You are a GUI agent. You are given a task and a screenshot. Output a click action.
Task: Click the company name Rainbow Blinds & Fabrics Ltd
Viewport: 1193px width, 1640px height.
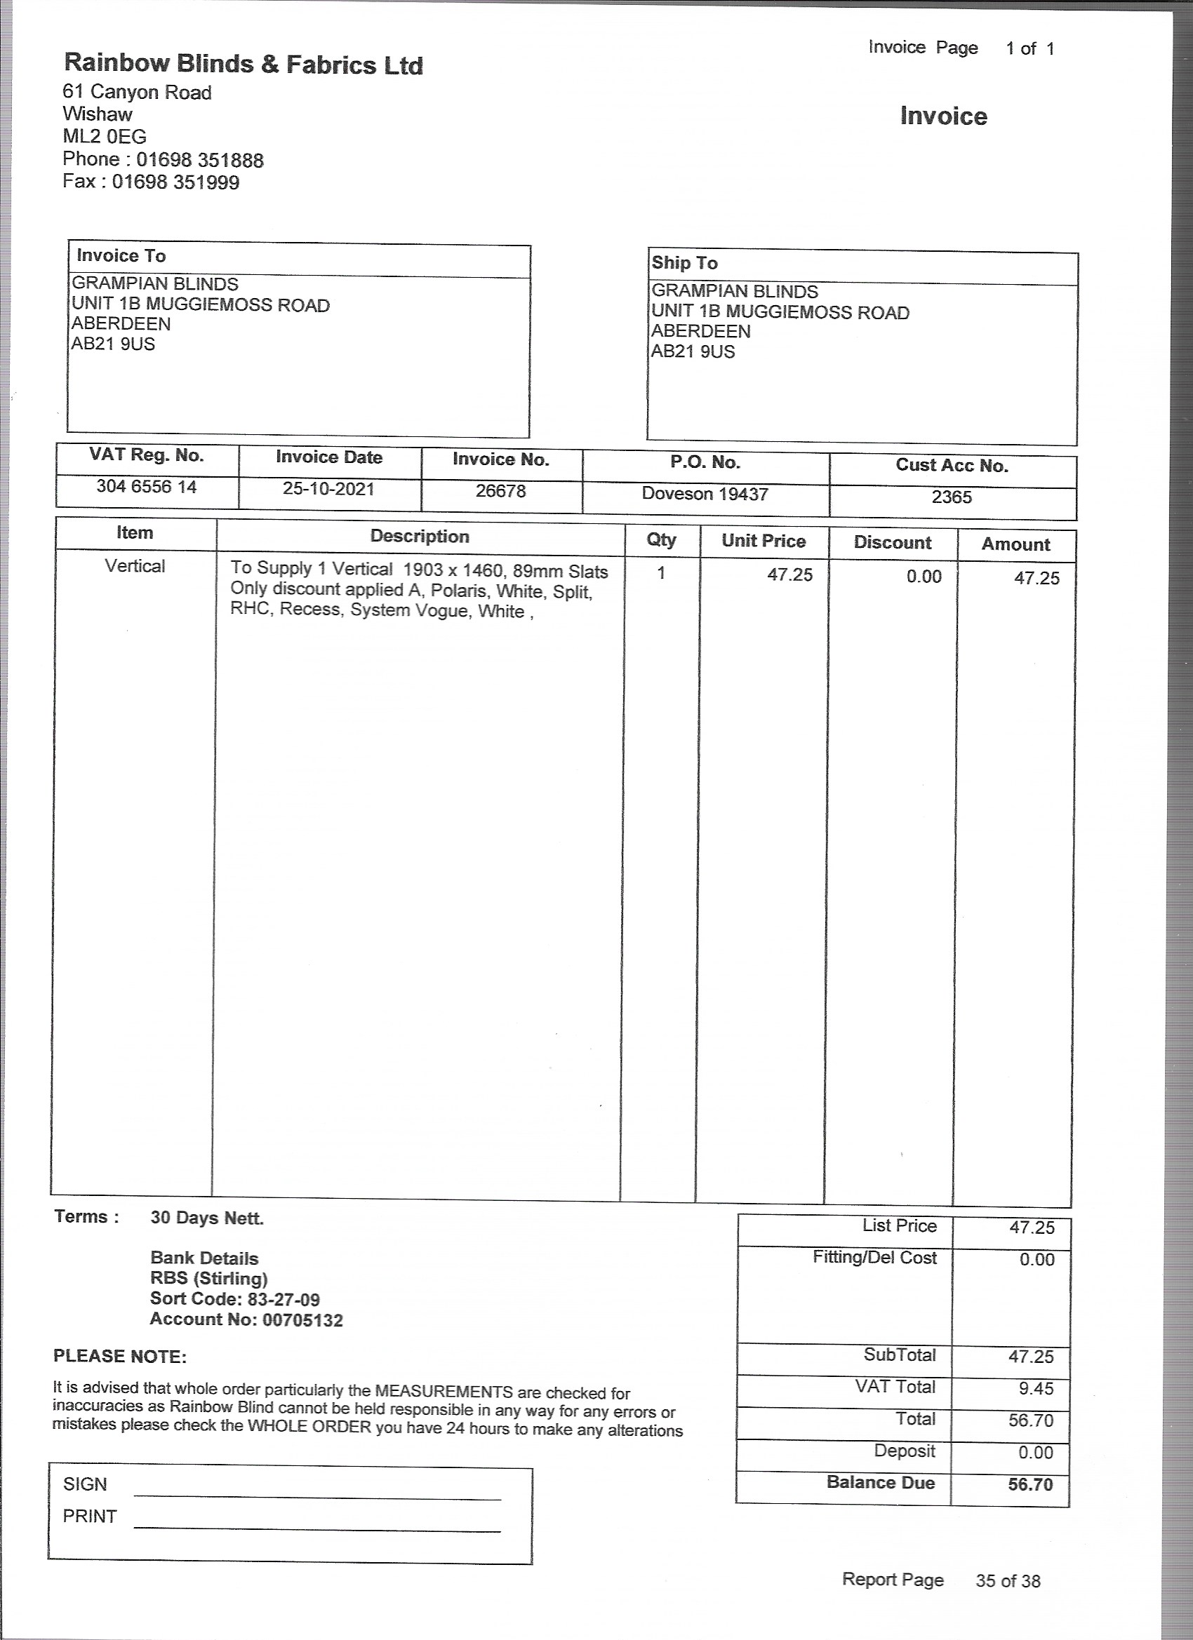click(x=243, y=65)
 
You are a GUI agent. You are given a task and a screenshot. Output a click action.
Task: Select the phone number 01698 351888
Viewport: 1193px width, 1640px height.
click(x=200, y=160)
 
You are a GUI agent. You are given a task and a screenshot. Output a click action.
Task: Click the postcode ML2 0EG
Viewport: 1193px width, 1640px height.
click(x=104, y=137)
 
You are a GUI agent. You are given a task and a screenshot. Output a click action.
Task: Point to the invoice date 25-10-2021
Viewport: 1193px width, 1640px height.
click(x=328, y=489)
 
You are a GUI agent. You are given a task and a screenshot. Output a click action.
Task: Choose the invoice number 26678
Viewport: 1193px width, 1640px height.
click(x=500, y=492)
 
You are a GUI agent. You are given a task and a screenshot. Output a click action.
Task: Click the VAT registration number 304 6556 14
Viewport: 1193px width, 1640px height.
click(x=147, y=487)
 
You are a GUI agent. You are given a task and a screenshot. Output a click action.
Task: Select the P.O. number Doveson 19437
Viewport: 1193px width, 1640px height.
click(x=705, y=494)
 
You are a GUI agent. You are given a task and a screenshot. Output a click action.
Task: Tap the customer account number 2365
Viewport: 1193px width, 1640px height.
click(x=952, y=497)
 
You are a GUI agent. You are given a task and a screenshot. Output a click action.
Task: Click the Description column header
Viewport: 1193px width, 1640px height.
click(x=420, y=536)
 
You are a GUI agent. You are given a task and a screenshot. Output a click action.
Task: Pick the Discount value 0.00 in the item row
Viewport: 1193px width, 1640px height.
click(x=924, y=577)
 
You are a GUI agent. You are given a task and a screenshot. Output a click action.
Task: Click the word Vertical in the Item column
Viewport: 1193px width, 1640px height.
click(x=135, y=565)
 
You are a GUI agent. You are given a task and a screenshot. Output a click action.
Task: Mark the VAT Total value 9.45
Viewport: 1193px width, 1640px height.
click(x=1036, y=1388)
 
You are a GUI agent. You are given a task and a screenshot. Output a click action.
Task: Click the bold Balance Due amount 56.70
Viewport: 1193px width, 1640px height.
click(x=1030, y=1484)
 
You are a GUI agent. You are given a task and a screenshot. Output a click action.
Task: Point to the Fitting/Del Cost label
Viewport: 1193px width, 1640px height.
click(x=874, y=1258)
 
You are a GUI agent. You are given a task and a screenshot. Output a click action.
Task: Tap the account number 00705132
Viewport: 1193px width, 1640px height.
click(x=302, y=1320)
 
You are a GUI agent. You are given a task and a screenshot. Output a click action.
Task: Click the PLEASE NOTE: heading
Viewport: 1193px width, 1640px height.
click(x=120, y=1357)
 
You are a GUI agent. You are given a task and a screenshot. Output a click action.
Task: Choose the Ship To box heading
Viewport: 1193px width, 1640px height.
click(x=684, y=263)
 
